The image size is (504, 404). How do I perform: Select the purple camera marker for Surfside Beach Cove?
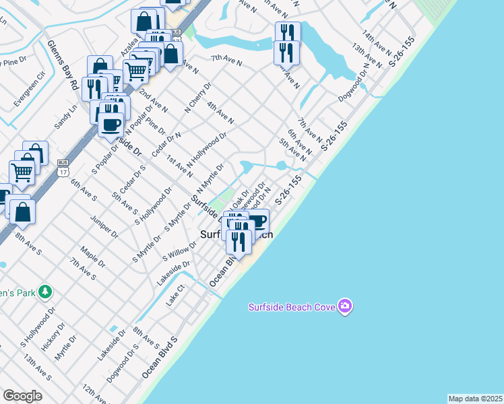click(x=346, y=306)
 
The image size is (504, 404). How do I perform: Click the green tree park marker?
click(x=45, y=292)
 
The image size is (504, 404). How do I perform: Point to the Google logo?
click(x=22, y=395)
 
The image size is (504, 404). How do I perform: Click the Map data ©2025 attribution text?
click(x=475, y=399)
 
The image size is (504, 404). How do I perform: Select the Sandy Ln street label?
click(x=66, y=116)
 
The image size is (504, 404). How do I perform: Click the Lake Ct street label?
click(x=175, y=295)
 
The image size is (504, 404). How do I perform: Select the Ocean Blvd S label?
click(x=159, y=358)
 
